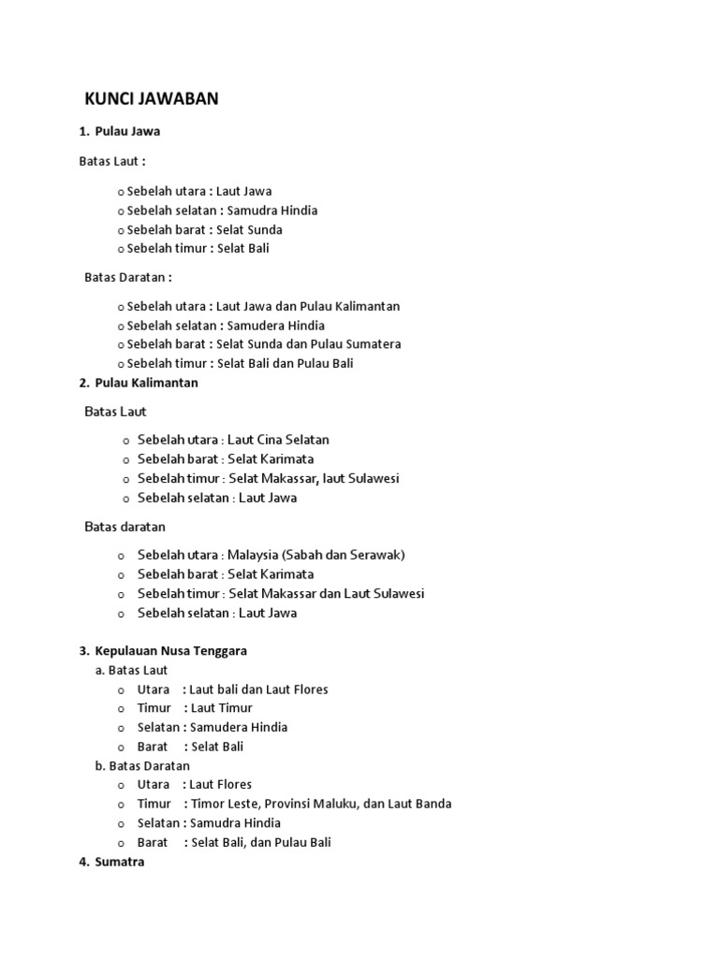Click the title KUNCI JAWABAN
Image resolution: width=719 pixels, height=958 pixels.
[151, 99]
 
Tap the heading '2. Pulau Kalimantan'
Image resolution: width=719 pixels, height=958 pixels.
[139, 383]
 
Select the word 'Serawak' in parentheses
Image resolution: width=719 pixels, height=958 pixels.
[375, 555]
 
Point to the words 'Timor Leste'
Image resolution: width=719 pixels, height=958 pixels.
[223, 804]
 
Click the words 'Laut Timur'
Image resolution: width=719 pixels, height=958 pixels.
[221, 708]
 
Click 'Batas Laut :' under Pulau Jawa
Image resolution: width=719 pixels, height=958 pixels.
[111, 162]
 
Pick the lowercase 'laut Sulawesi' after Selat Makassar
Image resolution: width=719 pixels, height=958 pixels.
[361, 478]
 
